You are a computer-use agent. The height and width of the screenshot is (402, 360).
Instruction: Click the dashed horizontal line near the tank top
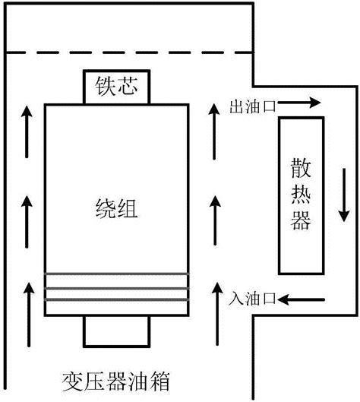pos(129,52)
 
